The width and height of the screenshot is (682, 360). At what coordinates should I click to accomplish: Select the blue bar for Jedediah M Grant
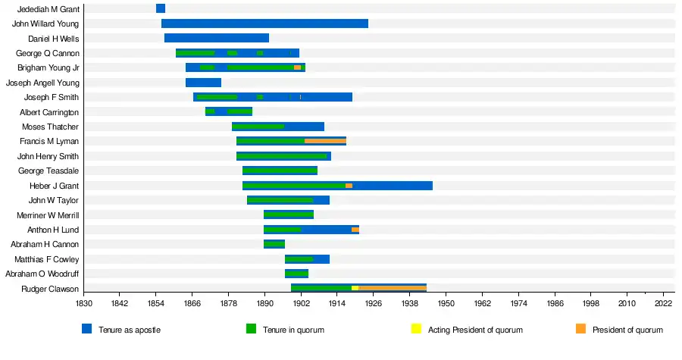[160, 8]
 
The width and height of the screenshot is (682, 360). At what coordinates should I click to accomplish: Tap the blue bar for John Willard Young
[264, 23]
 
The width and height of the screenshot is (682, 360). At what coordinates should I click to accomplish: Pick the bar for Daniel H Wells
[216, 38]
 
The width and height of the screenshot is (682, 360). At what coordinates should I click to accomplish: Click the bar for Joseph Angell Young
[203, 83]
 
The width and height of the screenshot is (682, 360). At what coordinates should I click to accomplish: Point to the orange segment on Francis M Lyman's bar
[325, 141]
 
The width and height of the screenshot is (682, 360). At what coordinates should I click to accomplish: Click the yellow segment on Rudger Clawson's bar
[355, 288]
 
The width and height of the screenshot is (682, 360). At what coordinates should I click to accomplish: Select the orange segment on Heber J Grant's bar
[349, 186]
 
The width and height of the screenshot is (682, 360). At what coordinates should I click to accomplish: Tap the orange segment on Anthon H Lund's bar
[355, 230]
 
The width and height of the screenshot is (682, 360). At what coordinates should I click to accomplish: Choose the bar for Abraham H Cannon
[274, 244]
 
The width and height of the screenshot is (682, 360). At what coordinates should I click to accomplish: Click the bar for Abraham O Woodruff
[296, 274]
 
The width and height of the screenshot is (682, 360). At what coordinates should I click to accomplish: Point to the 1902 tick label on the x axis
[301, 303]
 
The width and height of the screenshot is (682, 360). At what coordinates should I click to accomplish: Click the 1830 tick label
[83, 303]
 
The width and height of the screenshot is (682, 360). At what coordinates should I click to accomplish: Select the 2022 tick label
[663, 303]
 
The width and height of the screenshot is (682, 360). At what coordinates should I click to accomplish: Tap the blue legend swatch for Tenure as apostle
[87, 330]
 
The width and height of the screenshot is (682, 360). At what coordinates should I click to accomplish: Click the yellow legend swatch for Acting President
[416, 330]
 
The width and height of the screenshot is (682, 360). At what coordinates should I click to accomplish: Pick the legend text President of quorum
[627, 330]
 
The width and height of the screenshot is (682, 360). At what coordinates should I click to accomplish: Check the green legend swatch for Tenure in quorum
[252, 330]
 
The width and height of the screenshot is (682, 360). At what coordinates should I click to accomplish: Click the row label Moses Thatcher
[50, 127]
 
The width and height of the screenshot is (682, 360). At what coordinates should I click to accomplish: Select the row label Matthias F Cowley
[46, 259]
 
